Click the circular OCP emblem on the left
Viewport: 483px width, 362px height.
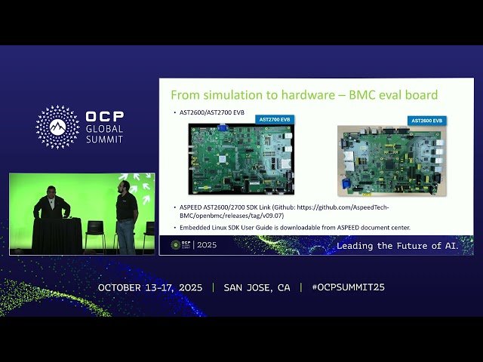tap(57, 127)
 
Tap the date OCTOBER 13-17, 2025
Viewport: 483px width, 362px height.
tap(152, 288)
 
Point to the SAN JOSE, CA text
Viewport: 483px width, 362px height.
tap(257, 288)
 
